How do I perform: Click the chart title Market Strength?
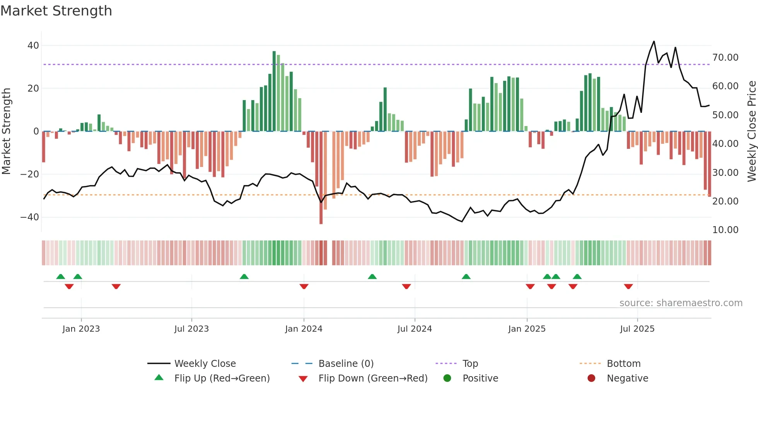click(x=56, y=11)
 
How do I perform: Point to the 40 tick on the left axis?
click(x=33, y=46)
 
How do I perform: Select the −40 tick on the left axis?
click(x=30, y=217)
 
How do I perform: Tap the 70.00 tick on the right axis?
click(x=725, y=58)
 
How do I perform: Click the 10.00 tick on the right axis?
click(x=725, y=230)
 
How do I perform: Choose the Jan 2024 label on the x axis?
click(x=304, y=329)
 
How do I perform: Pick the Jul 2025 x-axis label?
click(x=637, y=329)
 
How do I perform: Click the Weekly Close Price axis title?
click(x=751, y=131)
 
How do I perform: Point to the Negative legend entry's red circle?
click(x=591, y=378)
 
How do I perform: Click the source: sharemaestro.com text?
click(x=681, y=303)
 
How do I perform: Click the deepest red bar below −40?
click(x=321, y=178)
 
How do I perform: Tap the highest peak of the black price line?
click(x=654, y=42)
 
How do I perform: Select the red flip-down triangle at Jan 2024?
click(x=304, y=286)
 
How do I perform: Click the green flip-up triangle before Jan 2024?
click(x=244, y=276)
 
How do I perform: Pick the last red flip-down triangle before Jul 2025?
click(x=628, y=286)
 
